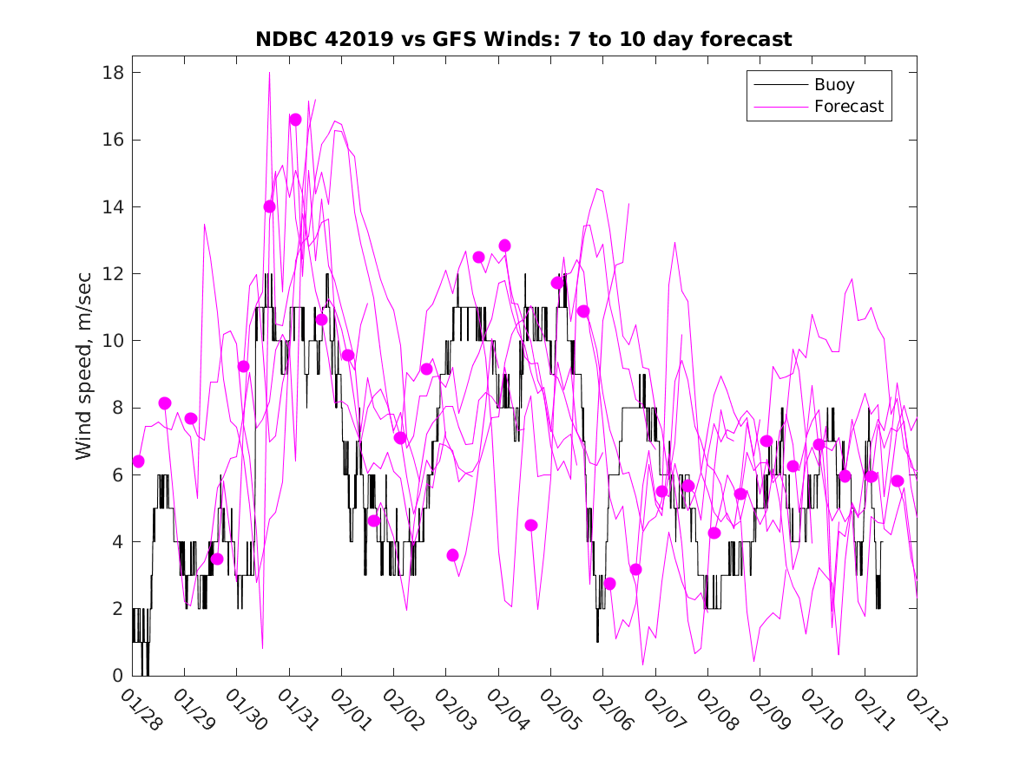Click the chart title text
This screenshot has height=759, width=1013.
pos(523,39)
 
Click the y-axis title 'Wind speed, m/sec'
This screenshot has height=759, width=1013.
pos(83,374)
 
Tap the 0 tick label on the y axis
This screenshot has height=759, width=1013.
pos(115,676)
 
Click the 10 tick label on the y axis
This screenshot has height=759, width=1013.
pos(110,341)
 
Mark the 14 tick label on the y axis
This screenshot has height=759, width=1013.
pos(110,207)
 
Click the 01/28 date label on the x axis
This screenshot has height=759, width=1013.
pos(140,710)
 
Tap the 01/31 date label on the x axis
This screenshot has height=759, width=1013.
pos(296,710)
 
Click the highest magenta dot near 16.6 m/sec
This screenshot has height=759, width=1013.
pos(295,120)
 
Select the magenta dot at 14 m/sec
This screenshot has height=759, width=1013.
pos(269,206)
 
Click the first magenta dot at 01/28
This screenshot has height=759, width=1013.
pos(138,461)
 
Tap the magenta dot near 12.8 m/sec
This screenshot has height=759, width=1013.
pos(504,245)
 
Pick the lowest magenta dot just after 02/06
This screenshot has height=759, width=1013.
pos(609,584)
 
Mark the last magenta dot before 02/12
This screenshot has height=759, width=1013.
pos(898,481)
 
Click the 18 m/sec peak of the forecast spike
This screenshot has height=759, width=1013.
pos(269,73)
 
